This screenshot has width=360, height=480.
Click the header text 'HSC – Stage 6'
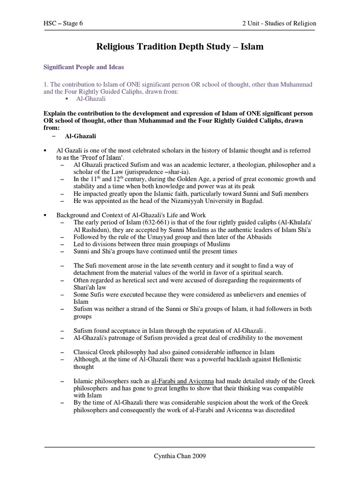tap(63, 23)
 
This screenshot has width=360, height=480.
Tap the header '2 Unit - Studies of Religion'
tap(278, 23)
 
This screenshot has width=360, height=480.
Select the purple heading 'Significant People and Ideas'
tap(83, 67)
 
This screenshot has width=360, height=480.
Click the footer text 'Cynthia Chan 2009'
tap(180, 456)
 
